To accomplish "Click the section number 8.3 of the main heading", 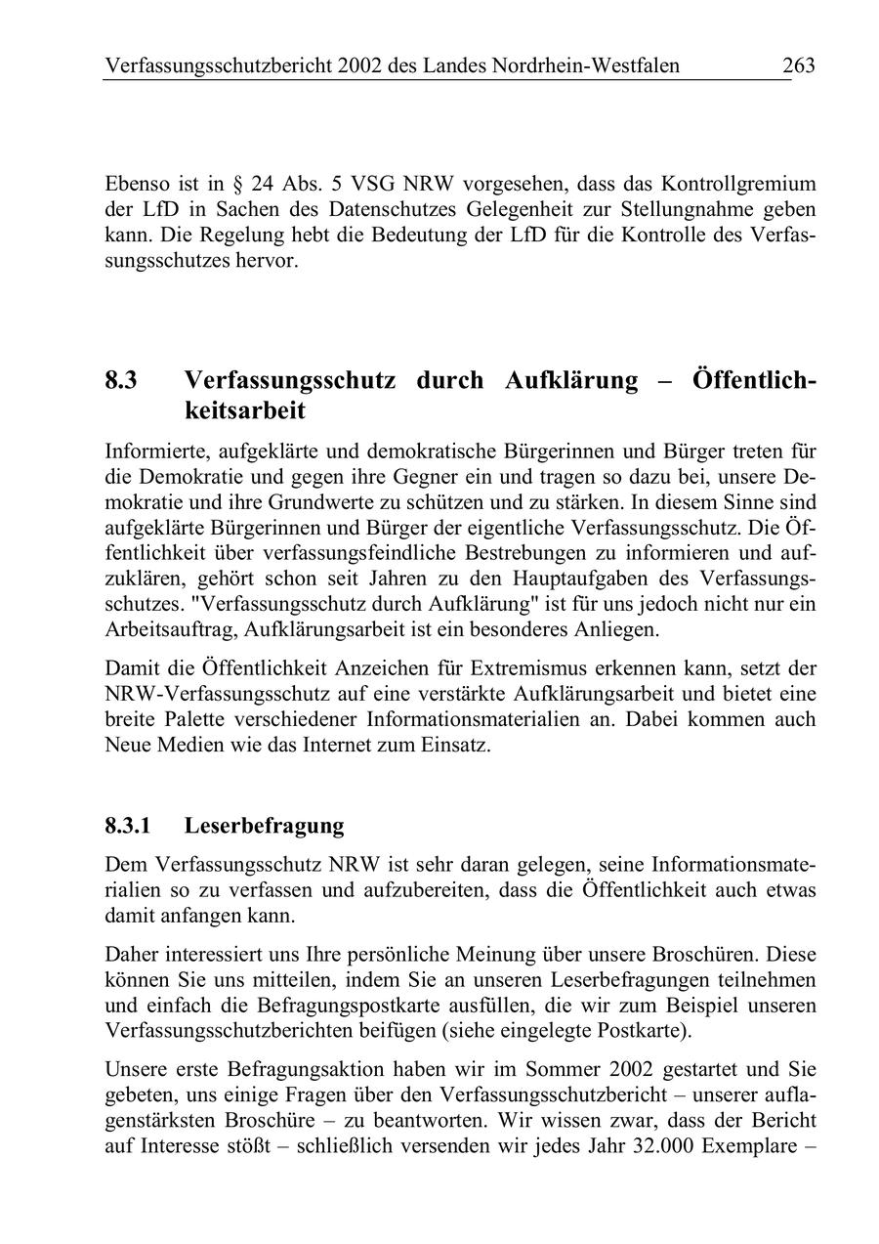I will pos(121,380).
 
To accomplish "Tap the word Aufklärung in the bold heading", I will pos(570,380).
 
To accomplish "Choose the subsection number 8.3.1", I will pos(128,826).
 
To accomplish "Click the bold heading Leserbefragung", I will pos(264,826).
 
